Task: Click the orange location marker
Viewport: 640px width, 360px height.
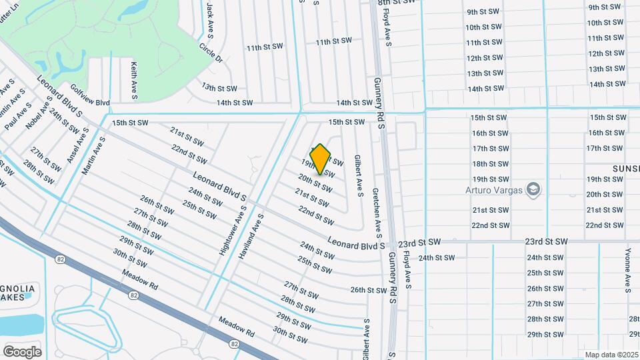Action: point(321,159)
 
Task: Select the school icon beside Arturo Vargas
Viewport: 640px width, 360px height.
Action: point(533,190)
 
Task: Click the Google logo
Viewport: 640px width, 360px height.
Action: point(22,351)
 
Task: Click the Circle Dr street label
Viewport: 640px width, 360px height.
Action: point(210,54)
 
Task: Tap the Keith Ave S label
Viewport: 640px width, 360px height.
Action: point(134,81)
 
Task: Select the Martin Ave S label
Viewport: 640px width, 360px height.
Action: point(94,156)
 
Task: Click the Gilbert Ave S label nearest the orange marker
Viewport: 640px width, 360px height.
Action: point(358,176)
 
